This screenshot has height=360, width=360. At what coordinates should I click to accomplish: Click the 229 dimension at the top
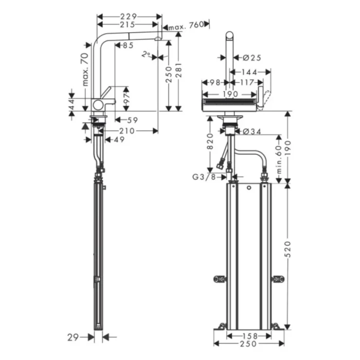tap(129, 16)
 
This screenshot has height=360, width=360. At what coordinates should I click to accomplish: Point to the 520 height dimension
tap(289, 249)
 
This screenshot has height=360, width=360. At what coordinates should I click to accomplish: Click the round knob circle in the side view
tap(98, 105)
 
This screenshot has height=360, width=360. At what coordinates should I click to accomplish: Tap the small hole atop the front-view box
tap(248, 189)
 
